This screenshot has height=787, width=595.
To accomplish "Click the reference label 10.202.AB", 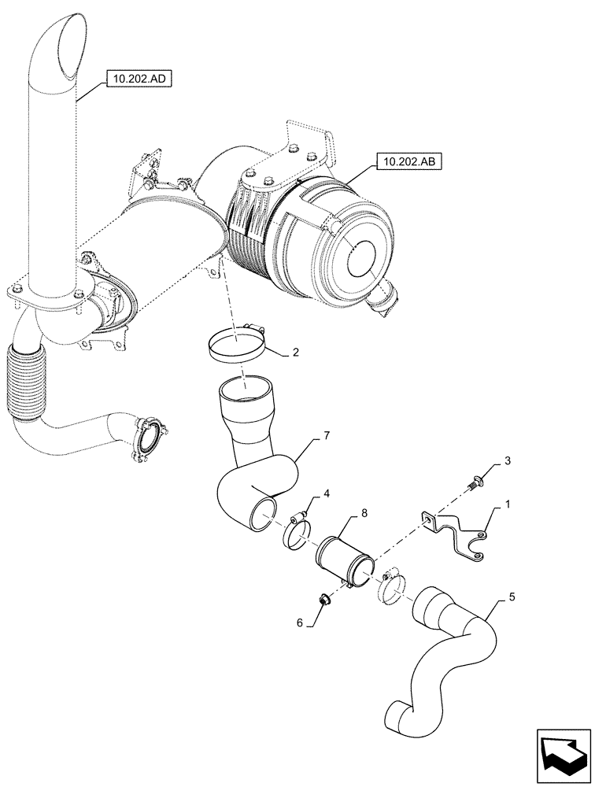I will click(409, 162).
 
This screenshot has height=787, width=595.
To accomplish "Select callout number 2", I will click(295, 354).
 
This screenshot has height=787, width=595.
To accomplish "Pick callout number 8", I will click(364, 512).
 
